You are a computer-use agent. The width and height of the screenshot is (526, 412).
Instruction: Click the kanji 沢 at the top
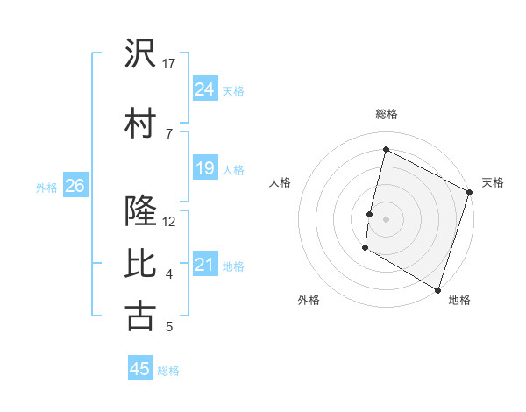(x=140, y=54)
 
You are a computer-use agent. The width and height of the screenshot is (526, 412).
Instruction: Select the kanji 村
(x=140, y=123)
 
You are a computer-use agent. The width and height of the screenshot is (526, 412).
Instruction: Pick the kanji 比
(x=140, y=264)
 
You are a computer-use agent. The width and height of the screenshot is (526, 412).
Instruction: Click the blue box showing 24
(x=205, y=89)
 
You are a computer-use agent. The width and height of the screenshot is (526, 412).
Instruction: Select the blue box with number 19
(x=205, y=168)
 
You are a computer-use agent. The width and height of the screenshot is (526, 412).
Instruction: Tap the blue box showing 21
(x=205, y=265)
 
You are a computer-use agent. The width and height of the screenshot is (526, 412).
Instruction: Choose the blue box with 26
(x=75, y=186)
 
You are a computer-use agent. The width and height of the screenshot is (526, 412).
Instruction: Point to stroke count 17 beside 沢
(x=169, y=64)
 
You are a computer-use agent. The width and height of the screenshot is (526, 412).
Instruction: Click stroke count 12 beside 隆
(x=170, y=222)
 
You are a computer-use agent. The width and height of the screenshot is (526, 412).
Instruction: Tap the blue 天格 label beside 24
(x=233, y=90)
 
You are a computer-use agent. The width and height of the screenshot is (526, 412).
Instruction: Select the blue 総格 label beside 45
(x=168, y=370)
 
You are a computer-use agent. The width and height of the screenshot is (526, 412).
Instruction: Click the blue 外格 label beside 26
(x=46, y=187)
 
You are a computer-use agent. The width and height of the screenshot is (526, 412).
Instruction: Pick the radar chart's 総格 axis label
(x=387, y=114)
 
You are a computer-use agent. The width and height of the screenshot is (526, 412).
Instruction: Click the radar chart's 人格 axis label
(x=281, y=182)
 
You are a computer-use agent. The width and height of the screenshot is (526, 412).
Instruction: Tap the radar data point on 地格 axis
(x=437, y=289)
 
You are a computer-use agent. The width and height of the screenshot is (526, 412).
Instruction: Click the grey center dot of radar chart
(x=386, y=218)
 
